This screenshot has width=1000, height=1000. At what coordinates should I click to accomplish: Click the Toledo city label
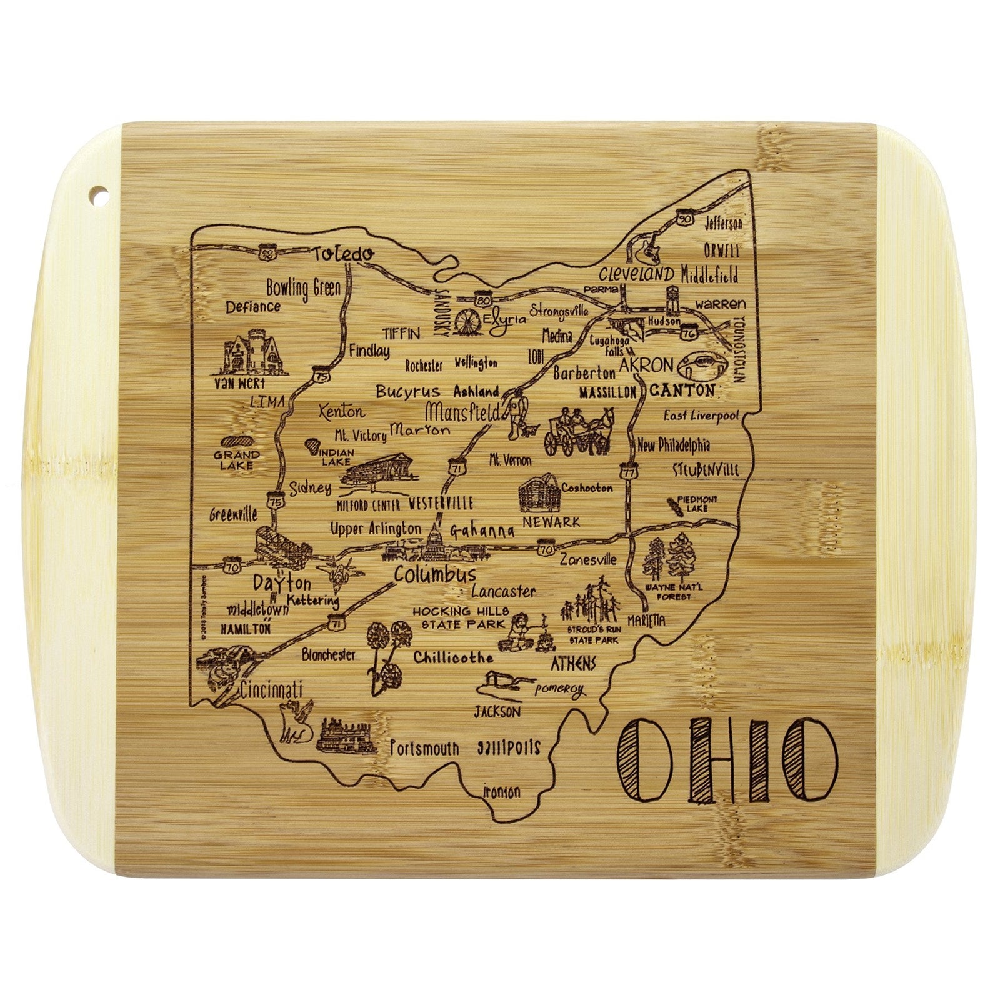click(x=343, y=254)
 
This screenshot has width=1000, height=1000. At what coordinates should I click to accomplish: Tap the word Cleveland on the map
click(x=636, y=274)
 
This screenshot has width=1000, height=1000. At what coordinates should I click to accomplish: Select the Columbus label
click(x=435, y=574)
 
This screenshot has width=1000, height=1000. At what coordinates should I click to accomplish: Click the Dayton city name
click(x=282, y=584)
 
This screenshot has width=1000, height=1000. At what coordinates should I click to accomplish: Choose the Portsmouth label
click(x=424, y=748)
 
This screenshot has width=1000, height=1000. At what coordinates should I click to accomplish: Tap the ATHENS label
click(x=573, y=662)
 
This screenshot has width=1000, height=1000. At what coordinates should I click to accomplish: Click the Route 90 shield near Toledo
click(x=267, y=252)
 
